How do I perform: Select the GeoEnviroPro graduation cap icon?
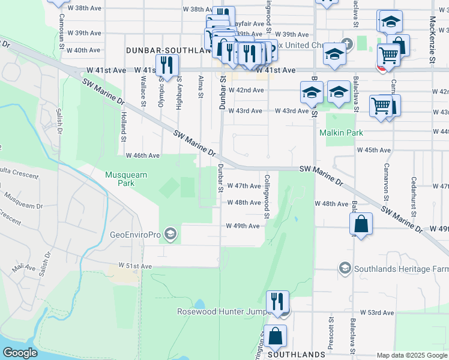[170, 234]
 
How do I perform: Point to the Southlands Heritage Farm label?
[401, 268]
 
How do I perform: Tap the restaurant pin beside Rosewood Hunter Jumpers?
[277, 301]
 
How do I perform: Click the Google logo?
[20, 353]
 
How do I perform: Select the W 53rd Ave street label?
[377, 313]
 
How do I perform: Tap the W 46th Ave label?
[142, 155]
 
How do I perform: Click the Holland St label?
[122, 127]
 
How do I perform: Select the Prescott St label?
[330, 335]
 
